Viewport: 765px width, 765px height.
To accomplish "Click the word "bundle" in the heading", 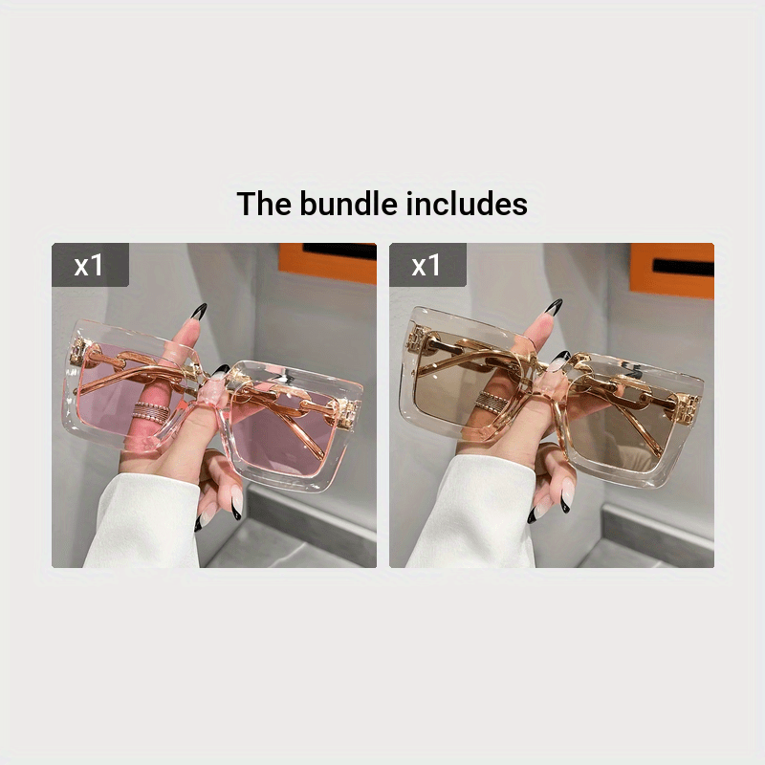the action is pyautogui.click(x=348, y=204).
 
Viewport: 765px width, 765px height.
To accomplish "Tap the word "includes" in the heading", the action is pyautogui.click(x=467, y=204).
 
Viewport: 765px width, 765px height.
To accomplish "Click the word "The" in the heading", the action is pyautogui.click(x=264, y=204).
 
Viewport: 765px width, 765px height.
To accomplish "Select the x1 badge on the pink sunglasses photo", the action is pyautogui.click(x=90, y=265).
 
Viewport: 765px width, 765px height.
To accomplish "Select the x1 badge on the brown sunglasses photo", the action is pyautogui.click(x=427, y=265).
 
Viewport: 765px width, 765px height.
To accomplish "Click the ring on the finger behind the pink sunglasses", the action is pyautogui.click(x=152, y=413).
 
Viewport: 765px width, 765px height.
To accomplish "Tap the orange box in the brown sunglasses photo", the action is pyautogui.click(x=672, y=270).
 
